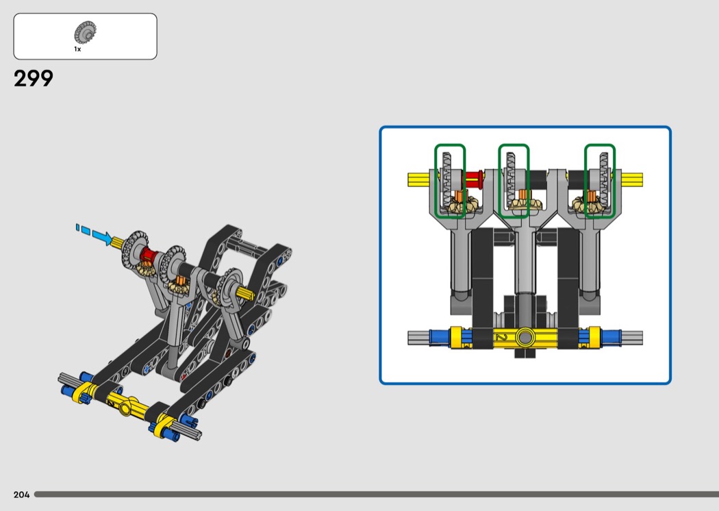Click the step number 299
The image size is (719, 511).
coord(34,79)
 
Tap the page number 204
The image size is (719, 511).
coord(21,495)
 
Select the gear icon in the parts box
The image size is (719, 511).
coord(86,33)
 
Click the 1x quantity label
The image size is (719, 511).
coord(77,49)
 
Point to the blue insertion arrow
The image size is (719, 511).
coord(94,234)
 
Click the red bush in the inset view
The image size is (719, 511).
coord(474,179)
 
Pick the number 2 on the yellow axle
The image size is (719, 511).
coord(502,337)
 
